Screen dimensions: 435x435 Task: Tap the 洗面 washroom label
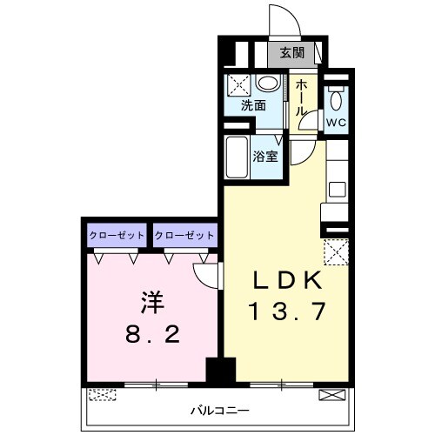point(253,106)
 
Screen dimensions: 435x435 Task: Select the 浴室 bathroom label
point(265,157)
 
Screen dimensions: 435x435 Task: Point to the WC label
point(337,123)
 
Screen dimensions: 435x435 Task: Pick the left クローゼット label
point(117,236)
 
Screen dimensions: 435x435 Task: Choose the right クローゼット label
point(184,236)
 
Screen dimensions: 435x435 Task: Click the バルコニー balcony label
point(220,409)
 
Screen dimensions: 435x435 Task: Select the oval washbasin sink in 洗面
point(271,84)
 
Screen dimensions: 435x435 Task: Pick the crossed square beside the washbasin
point(239,84)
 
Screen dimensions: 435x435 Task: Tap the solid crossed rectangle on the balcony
point(332,395)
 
